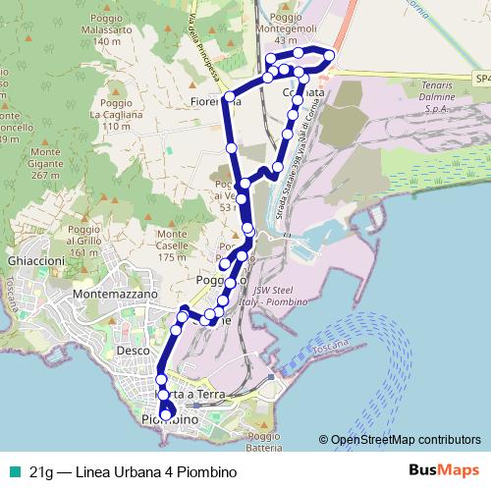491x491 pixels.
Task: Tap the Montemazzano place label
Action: (x=115, y=295)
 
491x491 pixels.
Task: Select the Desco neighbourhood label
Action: (x=132, y=350)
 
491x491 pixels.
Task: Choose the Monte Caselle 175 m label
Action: (x=172, y=245)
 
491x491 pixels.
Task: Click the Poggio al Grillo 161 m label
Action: (x=84, y=241)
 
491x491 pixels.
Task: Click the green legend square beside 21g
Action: (x=12, y=470)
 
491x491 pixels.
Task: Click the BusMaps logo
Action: (x=437, y=470)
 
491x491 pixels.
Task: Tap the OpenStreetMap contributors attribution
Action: (x=400, y=441)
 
